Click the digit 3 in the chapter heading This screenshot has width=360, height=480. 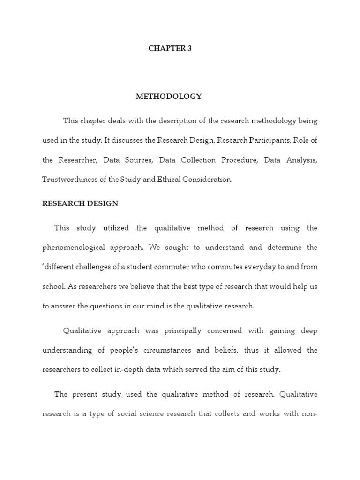189,49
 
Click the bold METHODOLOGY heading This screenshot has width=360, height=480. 169,97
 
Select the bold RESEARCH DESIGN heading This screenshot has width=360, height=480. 80,203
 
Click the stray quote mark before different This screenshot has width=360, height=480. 44,266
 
